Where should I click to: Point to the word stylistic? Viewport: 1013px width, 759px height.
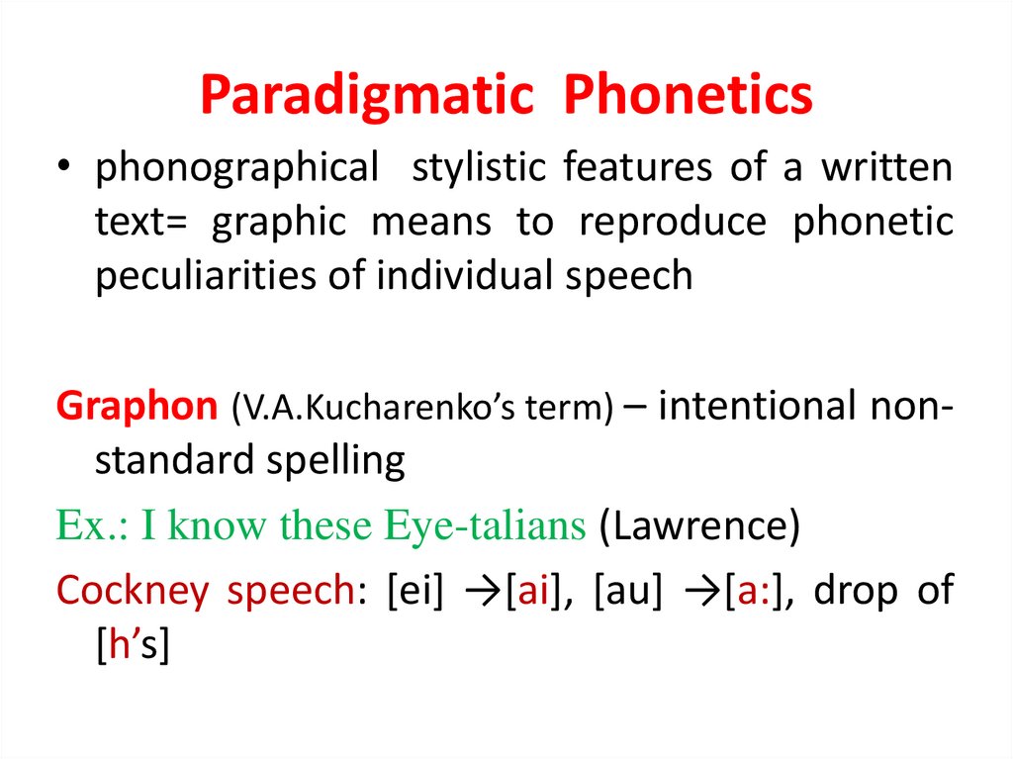[x=478, y=168]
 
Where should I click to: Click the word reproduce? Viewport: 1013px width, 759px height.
[x=673, y=223]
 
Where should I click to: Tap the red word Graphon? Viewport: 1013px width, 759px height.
[x=137, y=408]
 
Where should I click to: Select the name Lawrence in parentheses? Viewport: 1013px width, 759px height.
[x=698, y=526]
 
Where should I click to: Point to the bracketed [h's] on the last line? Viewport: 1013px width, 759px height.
[x=134, y=645]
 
